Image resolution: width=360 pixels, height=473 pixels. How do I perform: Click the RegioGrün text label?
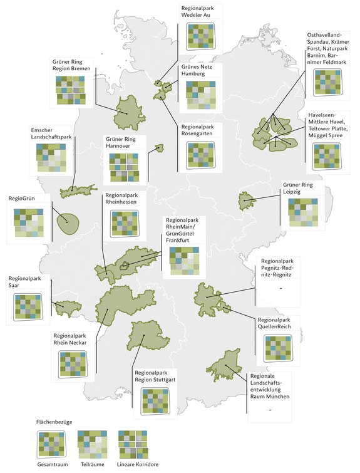[22, 198]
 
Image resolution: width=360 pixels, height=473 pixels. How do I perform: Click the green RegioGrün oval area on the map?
[67, 223]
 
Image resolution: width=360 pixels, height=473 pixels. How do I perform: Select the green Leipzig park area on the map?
[245, 201]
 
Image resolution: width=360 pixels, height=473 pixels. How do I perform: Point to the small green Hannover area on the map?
[159, 148]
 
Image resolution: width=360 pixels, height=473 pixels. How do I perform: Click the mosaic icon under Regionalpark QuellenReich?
[279, 349]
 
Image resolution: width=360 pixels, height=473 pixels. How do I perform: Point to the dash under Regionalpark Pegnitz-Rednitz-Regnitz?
[282, 288]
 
